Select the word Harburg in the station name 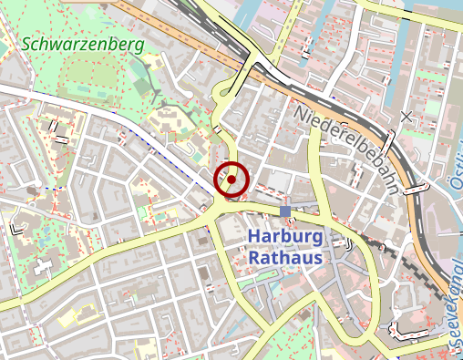(285, 237)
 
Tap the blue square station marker (285, 211)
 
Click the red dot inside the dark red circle (231, 180)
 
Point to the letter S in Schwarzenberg (27, 43)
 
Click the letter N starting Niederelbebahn (302, 111)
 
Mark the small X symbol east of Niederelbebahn (406, 116)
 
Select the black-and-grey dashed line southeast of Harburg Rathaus (401, 255)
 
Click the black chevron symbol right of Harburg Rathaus (350, 243)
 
